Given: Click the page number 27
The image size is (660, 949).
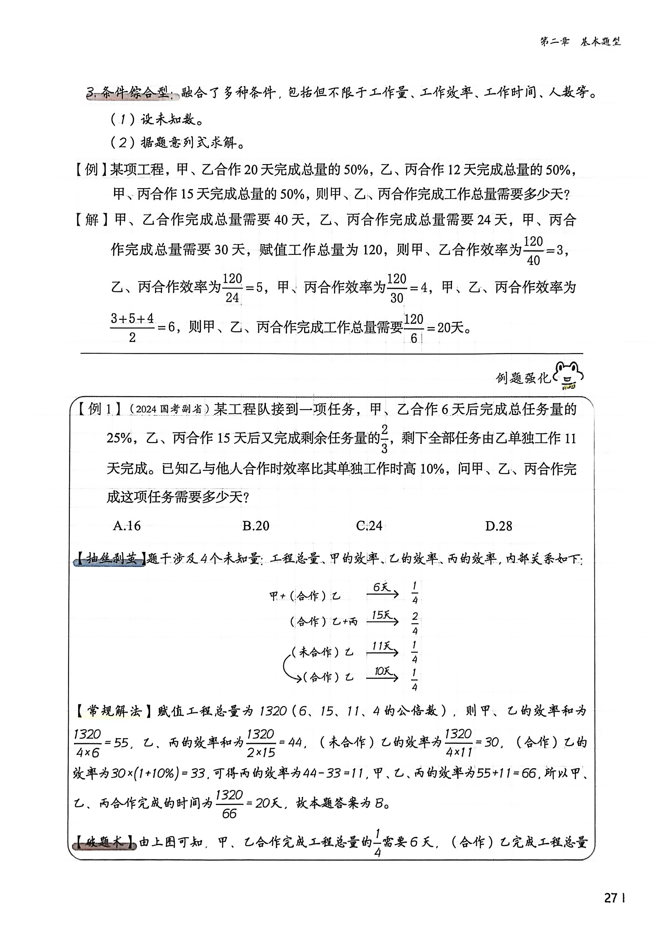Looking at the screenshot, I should pyautogui.click(x=611, y=898).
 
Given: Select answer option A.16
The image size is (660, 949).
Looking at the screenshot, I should pyautogui.click(x=127, y=526).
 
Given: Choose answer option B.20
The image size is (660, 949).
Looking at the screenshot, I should pyautogui.click(x=256, y=526).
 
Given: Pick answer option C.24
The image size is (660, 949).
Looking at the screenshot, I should pyautogui.click(x=369, y=526).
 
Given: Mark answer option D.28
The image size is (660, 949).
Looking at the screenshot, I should pyautogui.click(x=498, y=526).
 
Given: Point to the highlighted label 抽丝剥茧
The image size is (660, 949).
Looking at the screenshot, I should pyautogui.click(x=110, y=559).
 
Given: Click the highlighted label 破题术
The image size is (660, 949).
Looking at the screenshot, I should pyautogui.click(x=104, y=842).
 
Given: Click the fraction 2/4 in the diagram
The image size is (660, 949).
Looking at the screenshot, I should pyautogui.click(x=415, y=623).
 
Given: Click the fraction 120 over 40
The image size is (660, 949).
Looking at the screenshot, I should pyautogui.click(x=533, y=250).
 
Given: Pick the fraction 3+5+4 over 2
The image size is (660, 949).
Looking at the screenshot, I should pyautogui.click(x=132, y=328).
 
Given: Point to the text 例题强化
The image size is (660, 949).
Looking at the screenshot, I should pyautogui.click(x=523, y=377).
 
